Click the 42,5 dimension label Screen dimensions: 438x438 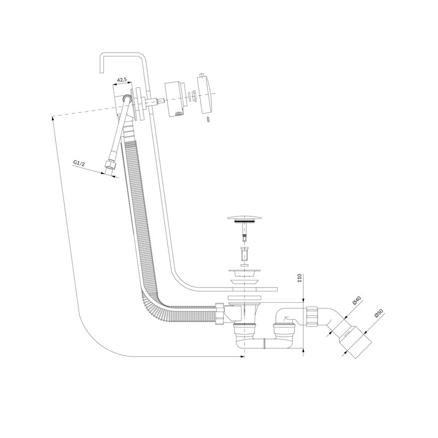[122, 80]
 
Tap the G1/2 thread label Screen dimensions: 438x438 [79, 163]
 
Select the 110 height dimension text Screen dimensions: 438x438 [300, 278]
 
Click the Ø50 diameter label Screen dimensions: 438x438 [378, 312]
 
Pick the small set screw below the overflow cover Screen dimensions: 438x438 [208, 119]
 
